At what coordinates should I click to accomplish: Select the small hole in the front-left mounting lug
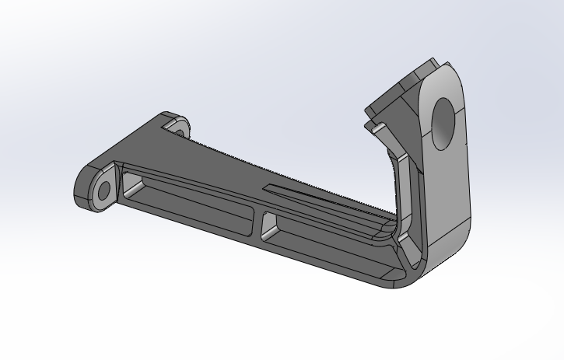click(x=101, y=190)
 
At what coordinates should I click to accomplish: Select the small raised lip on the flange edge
click(x=372, y=124)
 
